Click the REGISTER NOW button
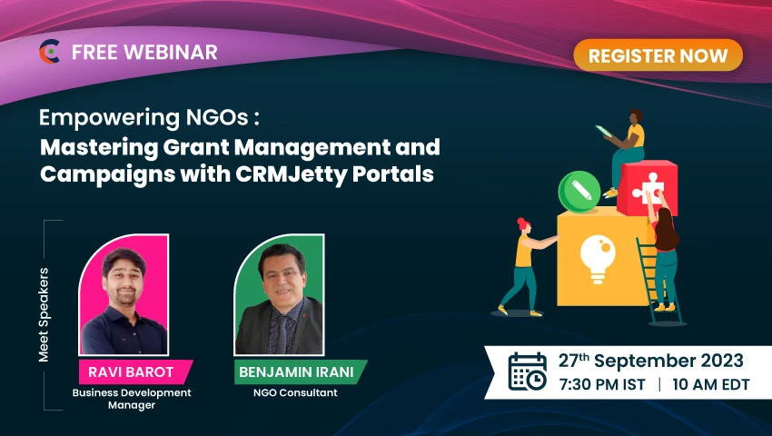pos(658,55)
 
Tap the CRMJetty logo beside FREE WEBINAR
pos(49,52)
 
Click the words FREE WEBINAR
pos(144,53)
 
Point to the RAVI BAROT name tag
pos(135,371)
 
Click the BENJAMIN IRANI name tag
pos(299,371)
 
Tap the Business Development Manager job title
pos(133,399)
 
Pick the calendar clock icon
pos(527,372)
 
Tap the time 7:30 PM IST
pos(601,384)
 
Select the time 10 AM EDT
pos(711,384)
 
